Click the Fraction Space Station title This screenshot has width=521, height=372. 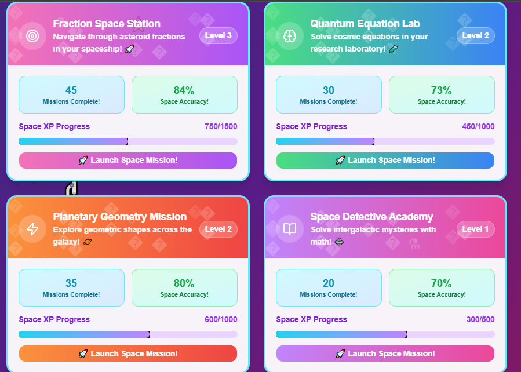[x=107, y=24]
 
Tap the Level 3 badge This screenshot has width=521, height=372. [x=218, y=36]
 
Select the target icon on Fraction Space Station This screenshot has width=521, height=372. [x=32, y=36]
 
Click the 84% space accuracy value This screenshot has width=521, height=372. [x=184, y=90]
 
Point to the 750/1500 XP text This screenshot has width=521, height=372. [x=221, y=126]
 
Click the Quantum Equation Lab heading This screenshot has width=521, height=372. [x=365, y=24]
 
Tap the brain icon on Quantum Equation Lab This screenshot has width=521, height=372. [x=290, y=36]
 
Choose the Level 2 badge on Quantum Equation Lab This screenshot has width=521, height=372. [x=475, y=36]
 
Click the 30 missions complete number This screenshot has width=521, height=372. [x=329, y=90]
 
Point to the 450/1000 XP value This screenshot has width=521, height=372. [x=478, y=126]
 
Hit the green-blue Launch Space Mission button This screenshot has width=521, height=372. [x=385, y=161]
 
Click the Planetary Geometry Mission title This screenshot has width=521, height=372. [x=119, y=217]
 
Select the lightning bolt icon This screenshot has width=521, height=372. [x=32, y=229]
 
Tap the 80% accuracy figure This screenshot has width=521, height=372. [x=184, y=283]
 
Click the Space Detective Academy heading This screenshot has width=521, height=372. [x=371, y=217]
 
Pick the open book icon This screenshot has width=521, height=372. [x=290, y=229]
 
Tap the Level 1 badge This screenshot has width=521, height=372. [x=475, y=229]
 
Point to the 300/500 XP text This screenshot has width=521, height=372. [x=480, y=319]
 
